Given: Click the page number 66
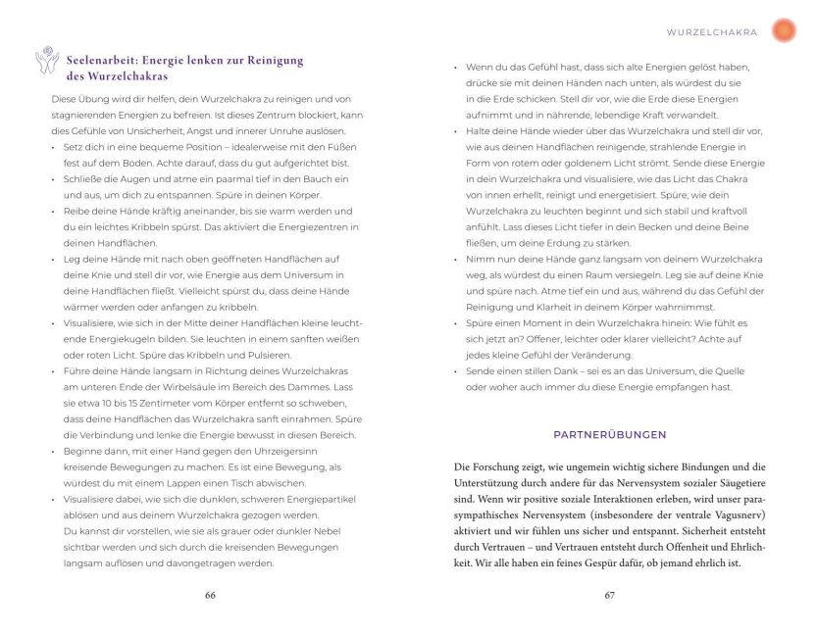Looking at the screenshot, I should point(210,595).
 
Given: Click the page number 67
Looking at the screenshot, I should point(608,595).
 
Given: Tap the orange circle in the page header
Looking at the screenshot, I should point(784,31).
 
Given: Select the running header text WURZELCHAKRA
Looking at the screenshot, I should point(712,32).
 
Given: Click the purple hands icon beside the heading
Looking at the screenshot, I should point(45,63).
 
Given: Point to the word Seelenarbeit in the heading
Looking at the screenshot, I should point(97,59).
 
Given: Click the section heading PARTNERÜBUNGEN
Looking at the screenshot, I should point(609,434).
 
